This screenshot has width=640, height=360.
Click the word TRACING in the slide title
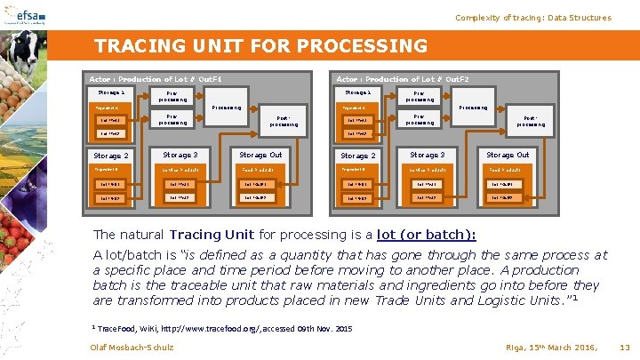tap(133, 45)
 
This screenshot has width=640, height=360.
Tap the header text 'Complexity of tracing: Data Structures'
tap(533, 18)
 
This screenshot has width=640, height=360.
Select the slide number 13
tap(624, 346)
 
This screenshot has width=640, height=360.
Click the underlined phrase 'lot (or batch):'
tap(427, 235)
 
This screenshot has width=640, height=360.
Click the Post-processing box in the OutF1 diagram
tap(282, 122)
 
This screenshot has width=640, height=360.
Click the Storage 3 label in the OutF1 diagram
tap(180, 155)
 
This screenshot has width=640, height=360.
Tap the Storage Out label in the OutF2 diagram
tap(508, 155)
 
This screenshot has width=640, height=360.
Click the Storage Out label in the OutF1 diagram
tap(260, 155)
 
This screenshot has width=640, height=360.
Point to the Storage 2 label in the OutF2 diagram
tap(360, 156)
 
